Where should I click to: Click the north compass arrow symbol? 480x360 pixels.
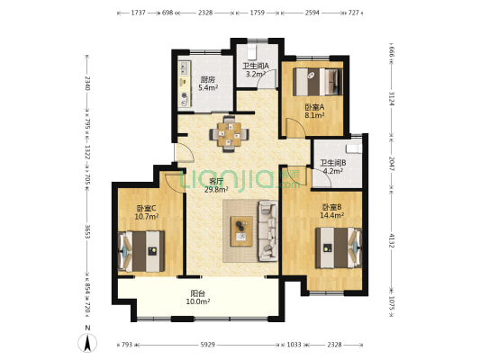tap(87, 343)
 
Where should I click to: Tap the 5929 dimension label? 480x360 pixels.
tap(207, 345)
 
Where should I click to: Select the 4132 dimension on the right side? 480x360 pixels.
tap(392, 241)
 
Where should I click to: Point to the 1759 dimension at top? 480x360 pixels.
tap(258, 13)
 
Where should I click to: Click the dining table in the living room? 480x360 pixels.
tap(229, 134)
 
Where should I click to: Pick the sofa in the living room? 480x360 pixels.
tap(268, 231)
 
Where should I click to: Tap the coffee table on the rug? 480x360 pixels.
tap(241, 231)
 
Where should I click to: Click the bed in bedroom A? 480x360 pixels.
tap(318, 82)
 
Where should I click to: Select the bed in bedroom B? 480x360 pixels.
tap(339, 247)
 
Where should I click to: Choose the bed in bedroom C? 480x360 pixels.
tap(141, 251)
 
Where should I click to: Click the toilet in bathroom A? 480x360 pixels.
tap(251, 52)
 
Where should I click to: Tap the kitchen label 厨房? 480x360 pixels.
tap(208, 80)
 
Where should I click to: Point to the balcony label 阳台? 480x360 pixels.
tap(198, 293)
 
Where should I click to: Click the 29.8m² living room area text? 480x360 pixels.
tap(216, 190)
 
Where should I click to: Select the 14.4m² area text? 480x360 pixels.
tap(331, 215)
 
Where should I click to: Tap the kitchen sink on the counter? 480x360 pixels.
tap(185, 68)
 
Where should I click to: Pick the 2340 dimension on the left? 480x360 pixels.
tap(87, 83)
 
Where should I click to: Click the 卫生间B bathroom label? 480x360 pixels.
tap(333, 163)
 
